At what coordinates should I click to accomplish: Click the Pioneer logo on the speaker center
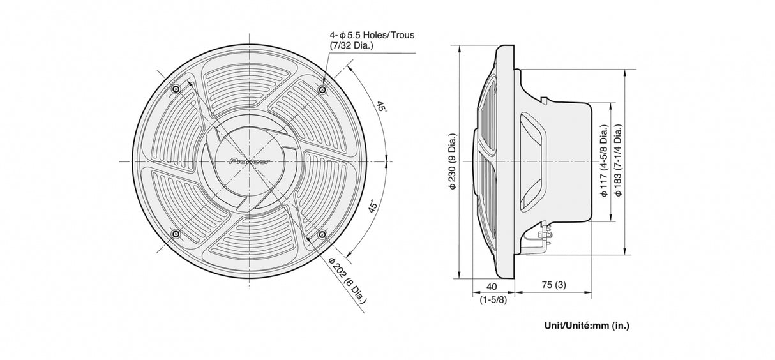248,161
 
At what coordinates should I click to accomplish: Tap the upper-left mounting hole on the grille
176,88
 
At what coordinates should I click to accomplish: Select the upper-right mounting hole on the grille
322,88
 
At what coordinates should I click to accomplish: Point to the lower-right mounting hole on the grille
322,235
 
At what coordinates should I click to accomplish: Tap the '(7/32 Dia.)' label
352,46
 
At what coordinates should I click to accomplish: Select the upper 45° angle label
382,108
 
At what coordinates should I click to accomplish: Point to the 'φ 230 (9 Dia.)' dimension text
453,163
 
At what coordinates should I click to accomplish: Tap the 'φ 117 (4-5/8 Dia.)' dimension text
603,163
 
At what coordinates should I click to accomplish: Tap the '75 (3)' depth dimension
553,285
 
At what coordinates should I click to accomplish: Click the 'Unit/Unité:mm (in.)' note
586,326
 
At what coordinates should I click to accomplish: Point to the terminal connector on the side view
545,237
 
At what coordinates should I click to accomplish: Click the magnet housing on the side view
568,163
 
